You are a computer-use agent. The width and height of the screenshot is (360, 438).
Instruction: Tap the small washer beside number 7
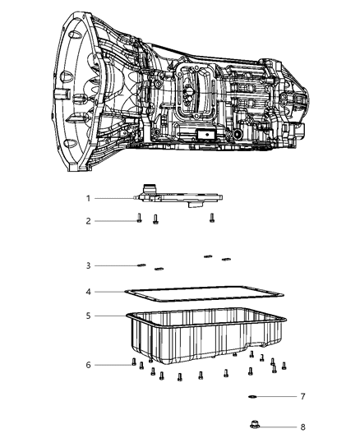tap(252, 396)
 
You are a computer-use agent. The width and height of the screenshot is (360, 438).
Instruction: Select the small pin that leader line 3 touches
tap(141, 265)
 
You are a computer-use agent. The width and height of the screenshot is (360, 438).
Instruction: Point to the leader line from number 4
tap(123, 291)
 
